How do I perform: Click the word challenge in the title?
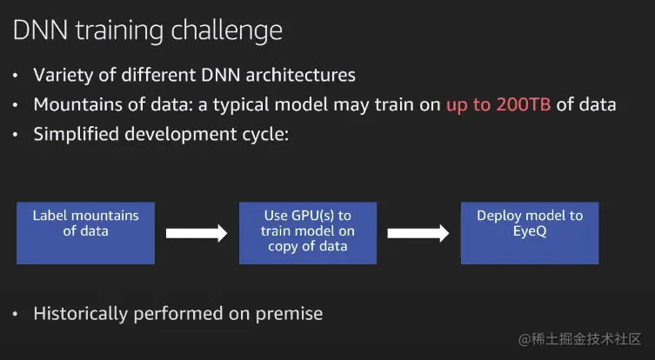227,31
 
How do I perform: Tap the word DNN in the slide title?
40,30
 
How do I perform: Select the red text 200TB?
524,104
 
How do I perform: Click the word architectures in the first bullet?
300,75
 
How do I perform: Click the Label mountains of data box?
85,233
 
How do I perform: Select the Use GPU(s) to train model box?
308,233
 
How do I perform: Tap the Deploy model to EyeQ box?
530,233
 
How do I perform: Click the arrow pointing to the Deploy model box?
418,233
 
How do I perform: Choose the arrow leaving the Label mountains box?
197,233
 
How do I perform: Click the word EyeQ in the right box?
530,231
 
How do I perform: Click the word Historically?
81,314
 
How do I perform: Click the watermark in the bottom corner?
580,339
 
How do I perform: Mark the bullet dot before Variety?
16,76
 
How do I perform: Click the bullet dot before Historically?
16,314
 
